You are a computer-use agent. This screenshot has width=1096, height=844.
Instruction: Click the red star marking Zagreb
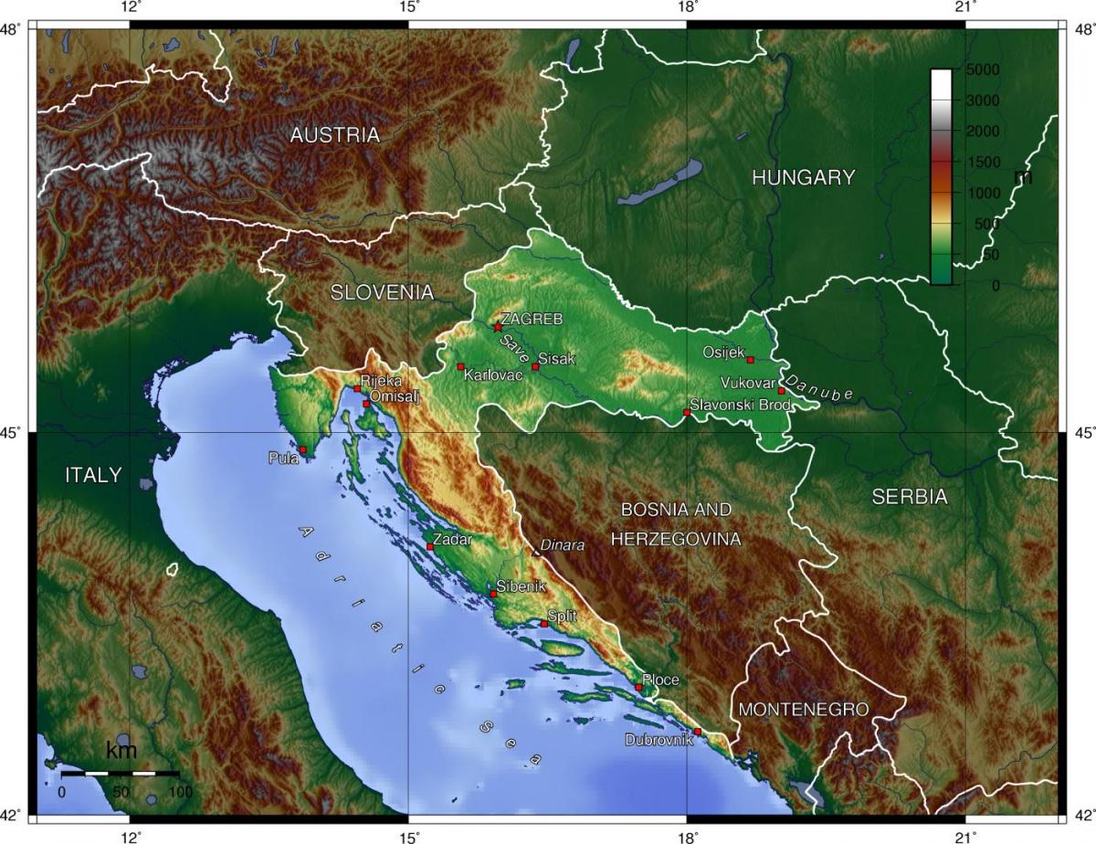(x=497, y=326)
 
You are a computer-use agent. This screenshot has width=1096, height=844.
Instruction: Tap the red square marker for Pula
(x=302, y=449)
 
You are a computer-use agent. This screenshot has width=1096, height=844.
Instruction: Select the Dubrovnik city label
(x=658, y=740)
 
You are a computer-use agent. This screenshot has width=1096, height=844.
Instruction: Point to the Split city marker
(x=544, y=624)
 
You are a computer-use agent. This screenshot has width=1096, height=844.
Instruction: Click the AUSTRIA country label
(x=334, y=136)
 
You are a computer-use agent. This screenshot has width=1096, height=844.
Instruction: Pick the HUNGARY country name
(x=803, y=178)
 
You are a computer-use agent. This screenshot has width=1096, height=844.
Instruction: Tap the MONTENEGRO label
(x=803, y=709)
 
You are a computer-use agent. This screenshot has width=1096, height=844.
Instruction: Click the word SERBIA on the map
(x=909, y=498)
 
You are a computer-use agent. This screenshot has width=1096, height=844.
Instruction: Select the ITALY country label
(x=93, y=475)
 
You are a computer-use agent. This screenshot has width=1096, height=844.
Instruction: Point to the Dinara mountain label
(x=562, y=545)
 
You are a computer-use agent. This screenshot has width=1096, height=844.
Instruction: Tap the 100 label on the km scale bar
(x=180, y=792)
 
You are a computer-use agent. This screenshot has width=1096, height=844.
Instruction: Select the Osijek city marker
(x=751, y=360)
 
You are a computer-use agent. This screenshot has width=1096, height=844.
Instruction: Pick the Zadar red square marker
(x=430, y=546)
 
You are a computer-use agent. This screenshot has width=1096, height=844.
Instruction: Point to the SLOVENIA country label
(x=382, y=293)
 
